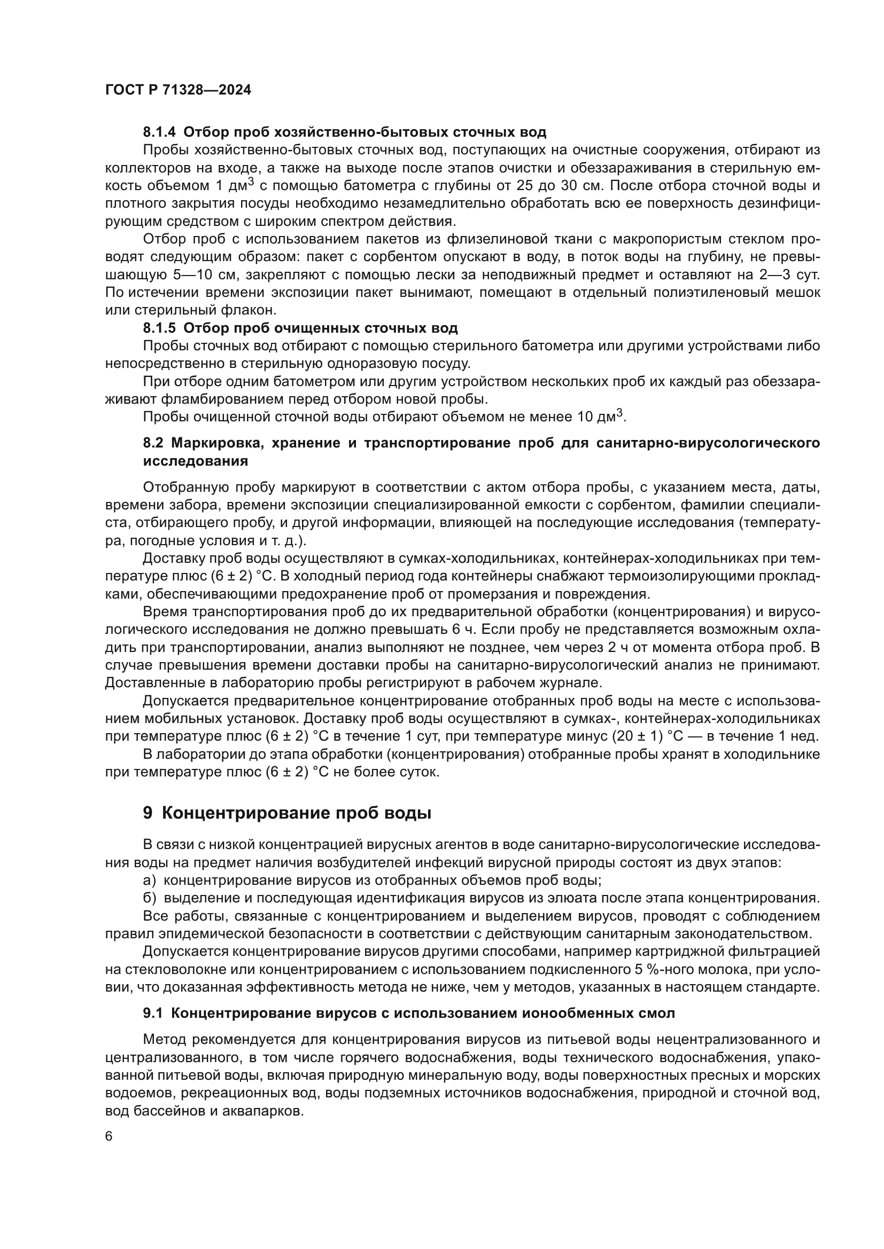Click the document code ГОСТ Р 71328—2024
point(178,90)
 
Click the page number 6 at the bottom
point(109,1136)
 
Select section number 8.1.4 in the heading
point(160,132)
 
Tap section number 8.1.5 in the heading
point(160,328)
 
